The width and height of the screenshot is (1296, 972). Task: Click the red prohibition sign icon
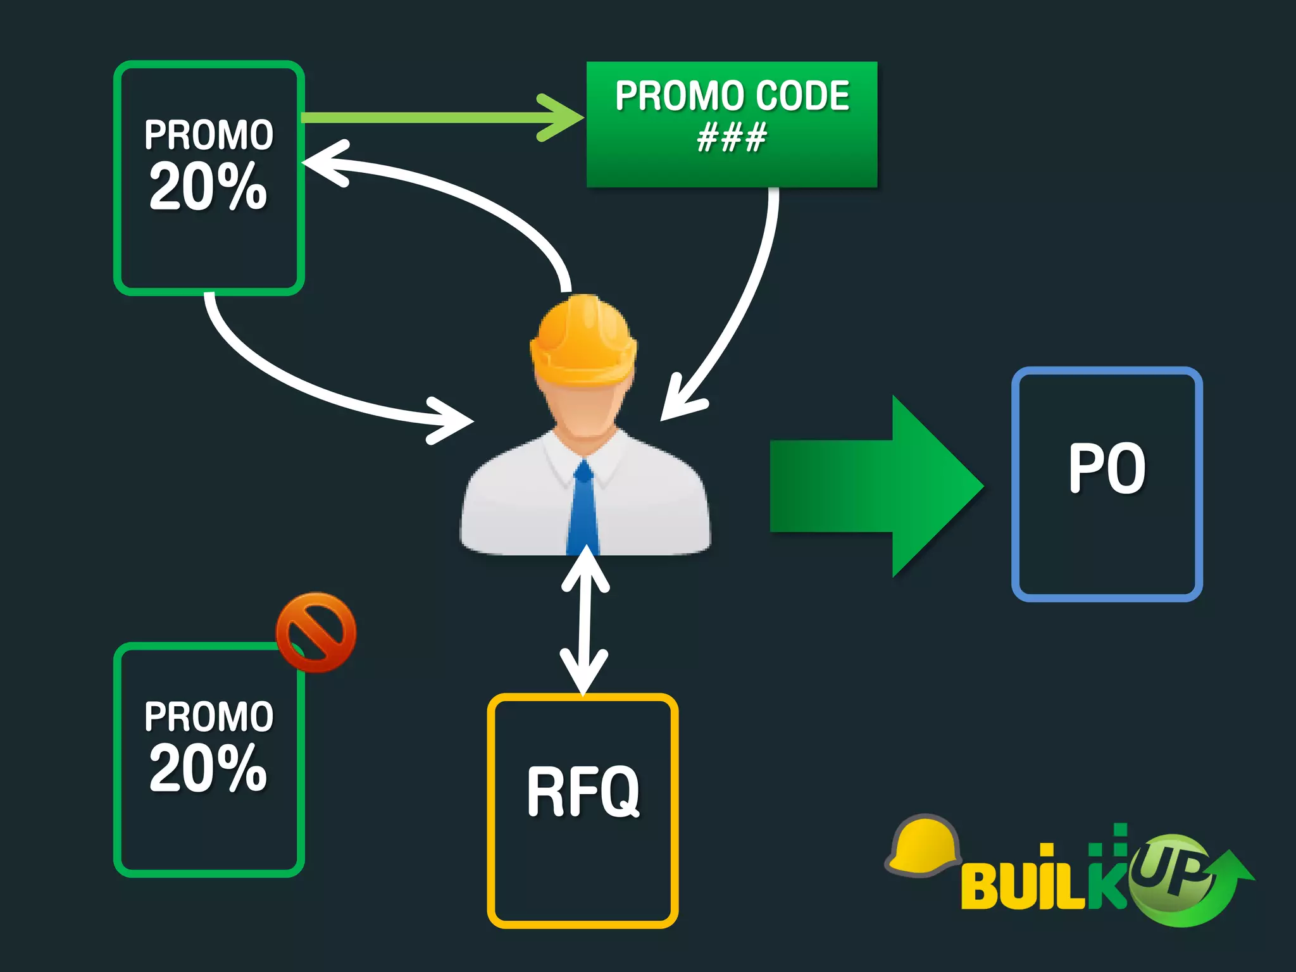[316, 632]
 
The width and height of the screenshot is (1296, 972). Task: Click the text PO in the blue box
[1107, 468]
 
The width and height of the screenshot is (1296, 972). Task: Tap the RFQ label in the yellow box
[583, 791]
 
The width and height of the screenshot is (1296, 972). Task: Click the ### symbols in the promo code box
[732, 137]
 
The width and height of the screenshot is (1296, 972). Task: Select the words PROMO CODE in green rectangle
[732, 96]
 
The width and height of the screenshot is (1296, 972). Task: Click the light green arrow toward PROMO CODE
[443, 118]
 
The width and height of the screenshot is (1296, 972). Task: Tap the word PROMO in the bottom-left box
[209, 716]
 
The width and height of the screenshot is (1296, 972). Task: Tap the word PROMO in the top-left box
[209, 135]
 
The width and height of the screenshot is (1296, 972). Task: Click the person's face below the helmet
[583, 408]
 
